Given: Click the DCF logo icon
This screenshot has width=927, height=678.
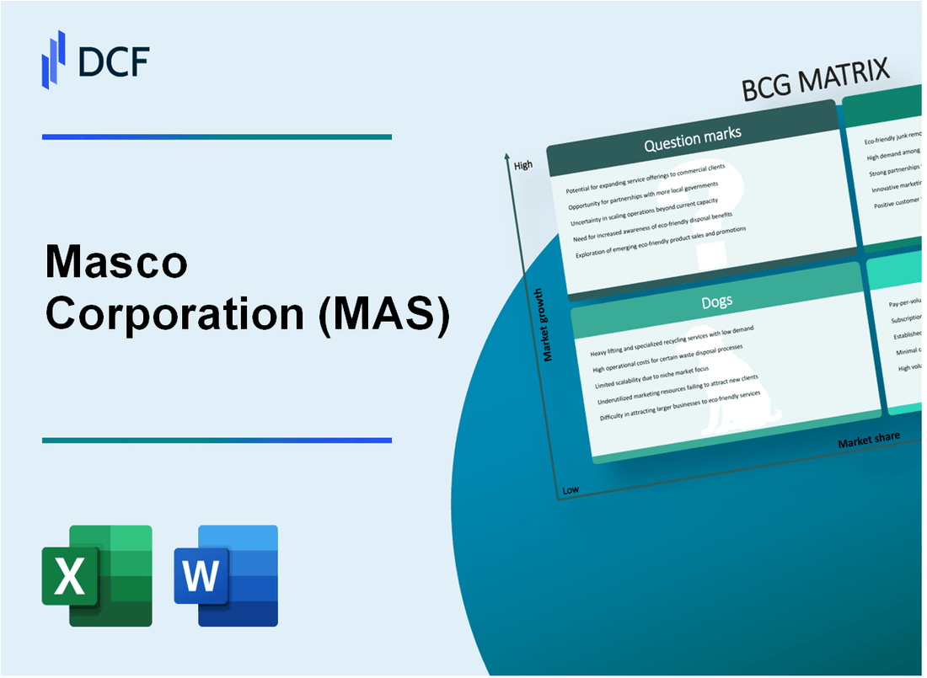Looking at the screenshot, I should point(54,58).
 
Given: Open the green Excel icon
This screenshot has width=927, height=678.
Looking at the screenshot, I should point(97,575).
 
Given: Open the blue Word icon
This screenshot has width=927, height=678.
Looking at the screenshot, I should point(226,575).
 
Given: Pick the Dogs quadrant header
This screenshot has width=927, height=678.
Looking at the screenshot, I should point(717,301).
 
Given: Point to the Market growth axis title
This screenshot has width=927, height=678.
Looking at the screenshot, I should point(549,325).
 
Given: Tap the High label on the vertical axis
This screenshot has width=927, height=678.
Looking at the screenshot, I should point(523,165).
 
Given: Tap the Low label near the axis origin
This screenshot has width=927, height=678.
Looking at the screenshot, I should point(571,490).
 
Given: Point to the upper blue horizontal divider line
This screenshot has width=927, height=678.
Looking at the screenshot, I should point(217,136).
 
